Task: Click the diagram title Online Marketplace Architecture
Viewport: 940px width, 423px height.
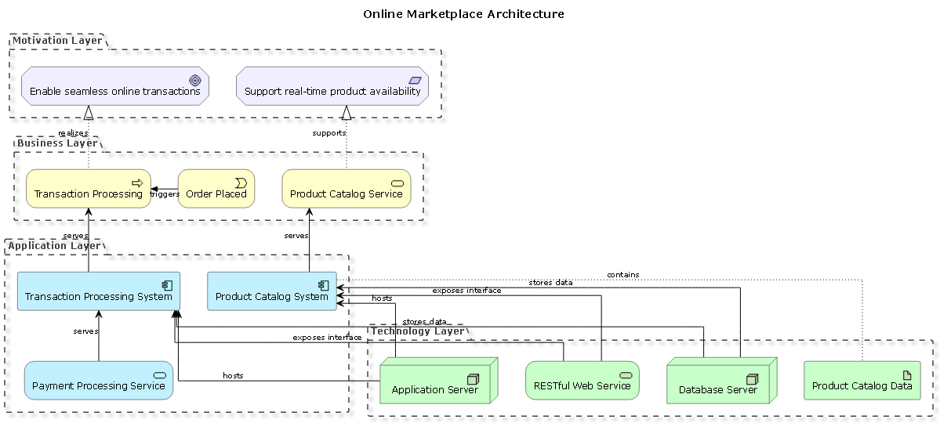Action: coord(463,14)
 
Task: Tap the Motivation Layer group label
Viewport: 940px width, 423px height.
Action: coord(57,41)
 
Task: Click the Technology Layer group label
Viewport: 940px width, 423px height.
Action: coord(418,331)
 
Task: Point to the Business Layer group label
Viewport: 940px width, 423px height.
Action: coord(57,143)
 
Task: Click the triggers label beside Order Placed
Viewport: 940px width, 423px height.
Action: coord(165,194)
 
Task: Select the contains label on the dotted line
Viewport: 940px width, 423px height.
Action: coord(622,275)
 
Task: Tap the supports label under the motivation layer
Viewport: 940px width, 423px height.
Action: coord(328,133)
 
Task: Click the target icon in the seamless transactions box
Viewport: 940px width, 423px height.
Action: coord(195,80)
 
